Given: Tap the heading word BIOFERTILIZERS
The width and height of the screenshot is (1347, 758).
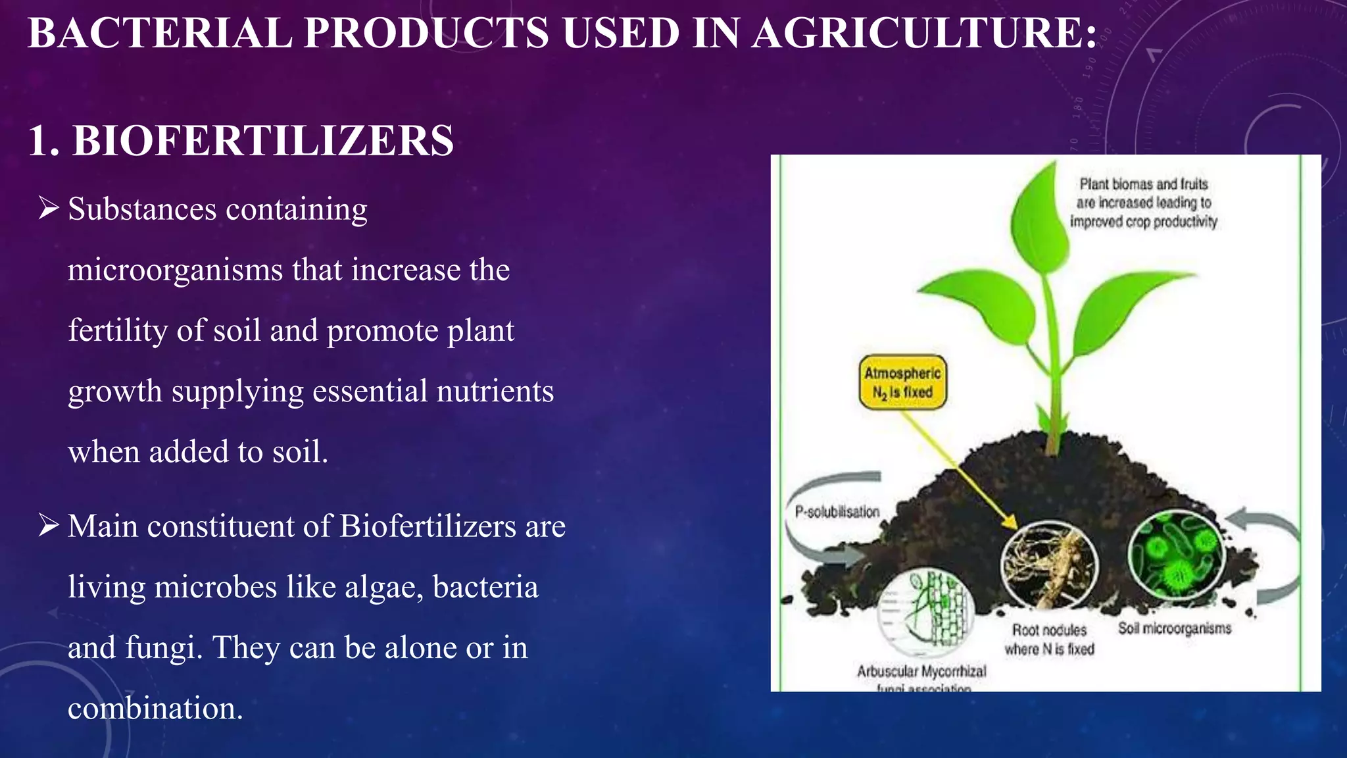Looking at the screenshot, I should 262,140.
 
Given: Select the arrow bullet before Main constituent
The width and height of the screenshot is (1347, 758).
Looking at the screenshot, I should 49,525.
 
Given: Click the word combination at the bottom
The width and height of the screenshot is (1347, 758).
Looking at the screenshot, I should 155,708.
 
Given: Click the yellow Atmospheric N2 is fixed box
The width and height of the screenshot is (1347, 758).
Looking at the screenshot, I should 902,382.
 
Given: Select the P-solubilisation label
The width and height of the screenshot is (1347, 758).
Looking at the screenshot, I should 837,511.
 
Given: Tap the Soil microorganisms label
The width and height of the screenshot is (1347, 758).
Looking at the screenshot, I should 1174,628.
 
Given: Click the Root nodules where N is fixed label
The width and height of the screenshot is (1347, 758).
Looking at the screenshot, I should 1049,639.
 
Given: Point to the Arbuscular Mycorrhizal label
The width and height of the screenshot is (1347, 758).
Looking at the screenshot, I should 921,671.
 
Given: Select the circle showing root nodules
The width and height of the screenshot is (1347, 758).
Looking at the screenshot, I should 1048,564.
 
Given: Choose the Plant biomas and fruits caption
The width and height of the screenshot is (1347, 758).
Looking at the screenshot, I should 1143,203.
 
